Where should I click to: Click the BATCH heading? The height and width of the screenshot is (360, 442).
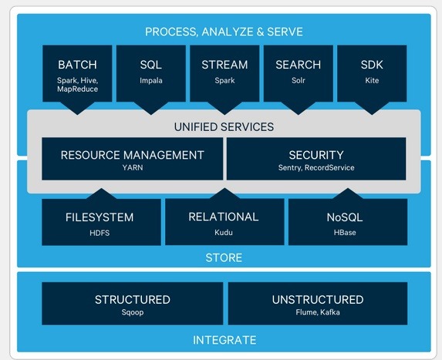77,65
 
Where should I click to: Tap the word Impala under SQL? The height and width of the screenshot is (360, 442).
151,81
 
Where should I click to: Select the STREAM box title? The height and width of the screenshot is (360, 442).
224,65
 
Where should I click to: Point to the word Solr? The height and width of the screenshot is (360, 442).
299,81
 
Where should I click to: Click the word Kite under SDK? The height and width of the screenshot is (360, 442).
372,81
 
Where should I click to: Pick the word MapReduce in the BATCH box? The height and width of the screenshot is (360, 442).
77,89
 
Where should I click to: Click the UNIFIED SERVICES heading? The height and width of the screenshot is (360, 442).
224,127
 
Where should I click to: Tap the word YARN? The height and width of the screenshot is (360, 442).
133,167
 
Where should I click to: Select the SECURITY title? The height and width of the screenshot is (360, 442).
316,155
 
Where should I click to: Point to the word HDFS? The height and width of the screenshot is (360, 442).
100,233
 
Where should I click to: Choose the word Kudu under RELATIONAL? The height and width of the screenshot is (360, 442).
224,232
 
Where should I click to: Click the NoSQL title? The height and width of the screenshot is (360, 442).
345,217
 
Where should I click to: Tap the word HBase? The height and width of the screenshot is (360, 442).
345,232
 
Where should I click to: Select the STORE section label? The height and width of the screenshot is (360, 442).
224,257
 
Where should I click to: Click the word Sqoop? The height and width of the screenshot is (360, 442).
133,312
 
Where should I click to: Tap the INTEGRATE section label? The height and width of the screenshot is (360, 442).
224,340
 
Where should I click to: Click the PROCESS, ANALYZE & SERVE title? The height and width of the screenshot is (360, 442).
224,32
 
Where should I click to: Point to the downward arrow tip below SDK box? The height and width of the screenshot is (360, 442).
372,114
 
